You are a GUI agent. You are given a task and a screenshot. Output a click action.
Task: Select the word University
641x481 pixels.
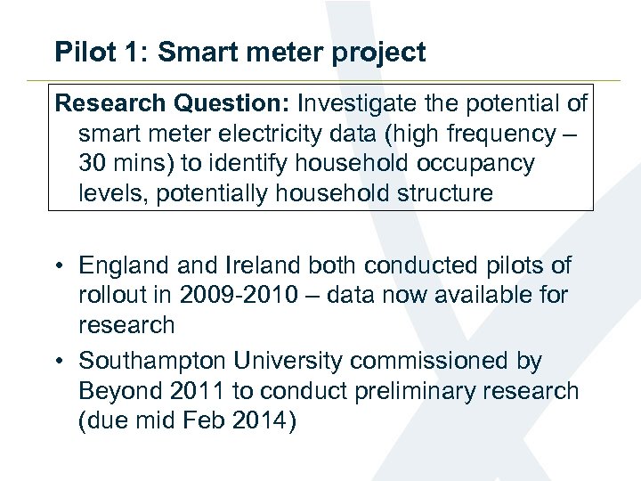[x=284, y=361]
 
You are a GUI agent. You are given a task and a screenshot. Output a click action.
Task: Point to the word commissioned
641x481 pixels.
[x=433, y=361]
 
